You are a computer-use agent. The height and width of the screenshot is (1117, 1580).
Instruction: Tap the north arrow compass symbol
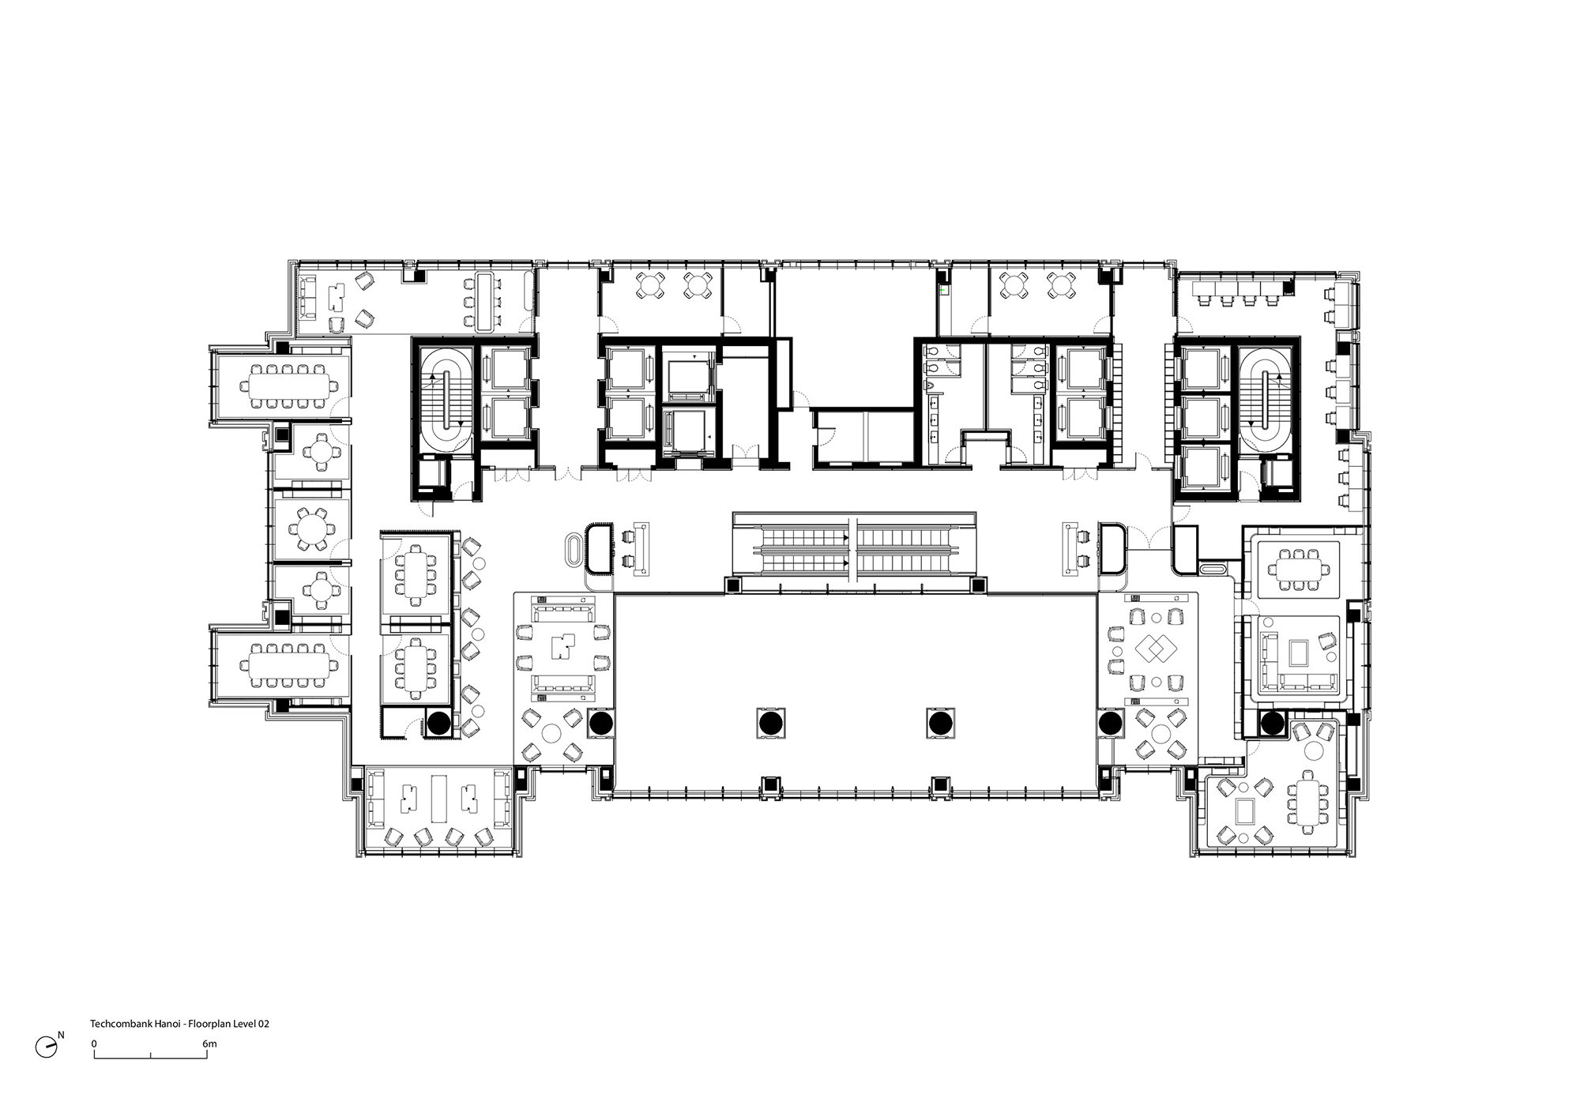point(47,1046)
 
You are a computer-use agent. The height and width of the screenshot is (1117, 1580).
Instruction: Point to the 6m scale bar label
point(209,1044)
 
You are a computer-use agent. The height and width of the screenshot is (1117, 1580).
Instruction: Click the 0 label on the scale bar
point(94,1044)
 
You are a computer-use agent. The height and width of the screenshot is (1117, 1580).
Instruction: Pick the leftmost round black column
point(438,722)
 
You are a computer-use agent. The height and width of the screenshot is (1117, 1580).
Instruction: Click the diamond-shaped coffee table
point(1150,651)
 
